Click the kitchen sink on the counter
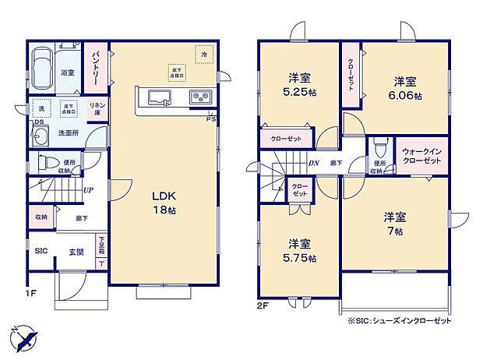(x=159, y=97)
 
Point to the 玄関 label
(x=76, y=251)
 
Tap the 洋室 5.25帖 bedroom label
(x=299, y=84)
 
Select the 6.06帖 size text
(x=407, y=96)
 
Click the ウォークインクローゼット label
(x=422, y=155)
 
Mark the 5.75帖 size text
(x=300, y=258)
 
